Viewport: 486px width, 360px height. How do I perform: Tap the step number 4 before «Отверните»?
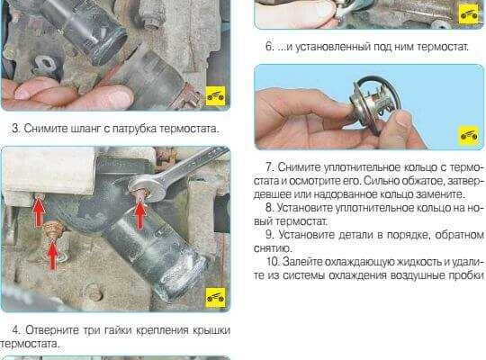(x=15, y=330)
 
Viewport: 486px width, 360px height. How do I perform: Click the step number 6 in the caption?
(x=269, y=47)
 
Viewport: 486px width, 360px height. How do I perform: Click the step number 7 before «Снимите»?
(x=270, y=166)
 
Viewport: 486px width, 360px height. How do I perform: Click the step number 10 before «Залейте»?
(x=273, y=262)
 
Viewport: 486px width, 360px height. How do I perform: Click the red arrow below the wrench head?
(x=139, y=215)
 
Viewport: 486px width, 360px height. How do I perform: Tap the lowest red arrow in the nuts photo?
(x=53, y=255)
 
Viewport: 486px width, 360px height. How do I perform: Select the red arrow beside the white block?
(x=39, y=212)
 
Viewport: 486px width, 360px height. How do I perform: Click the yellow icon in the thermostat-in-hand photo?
(x=469, y=136)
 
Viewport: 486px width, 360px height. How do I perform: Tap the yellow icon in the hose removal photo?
(x=215, y=95)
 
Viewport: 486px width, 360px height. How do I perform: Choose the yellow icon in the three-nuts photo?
(x=215, y=297)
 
